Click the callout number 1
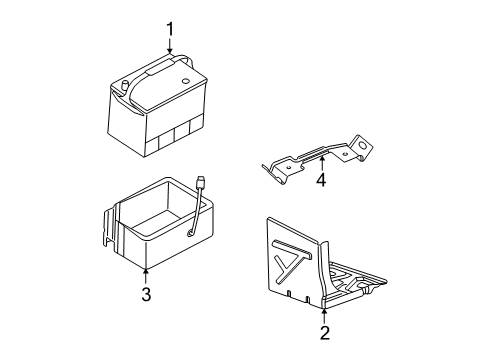(x=169, y=30)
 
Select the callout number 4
(x=321, y=181)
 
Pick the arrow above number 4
(x=321, y=161)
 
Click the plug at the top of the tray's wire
(x=203, y=183)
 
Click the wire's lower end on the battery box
(x=189, y=235)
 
